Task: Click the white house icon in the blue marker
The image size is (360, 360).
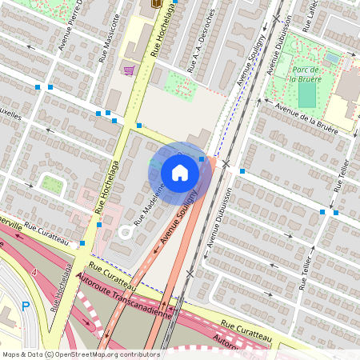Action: pyautogui.click(x=180, y=172)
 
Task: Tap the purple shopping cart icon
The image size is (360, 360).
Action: pyautogui.click(x=128, y=71)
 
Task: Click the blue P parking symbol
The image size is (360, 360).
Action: pyautogui.click(x=25, y=306)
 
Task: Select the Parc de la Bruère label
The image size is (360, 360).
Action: pyautogui.click(x=306, y=74)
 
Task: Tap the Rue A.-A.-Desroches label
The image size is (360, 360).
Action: pyautogui.click(x=202, y=53)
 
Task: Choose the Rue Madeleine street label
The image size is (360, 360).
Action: pyautogui.click(x=150, y=206)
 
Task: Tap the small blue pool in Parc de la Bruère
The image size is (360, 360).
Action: pyautogui.click(x=332, y=57)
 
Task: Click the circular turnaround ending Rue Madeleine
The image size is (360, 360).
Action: pyautogui.click(x=126, y=233)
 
